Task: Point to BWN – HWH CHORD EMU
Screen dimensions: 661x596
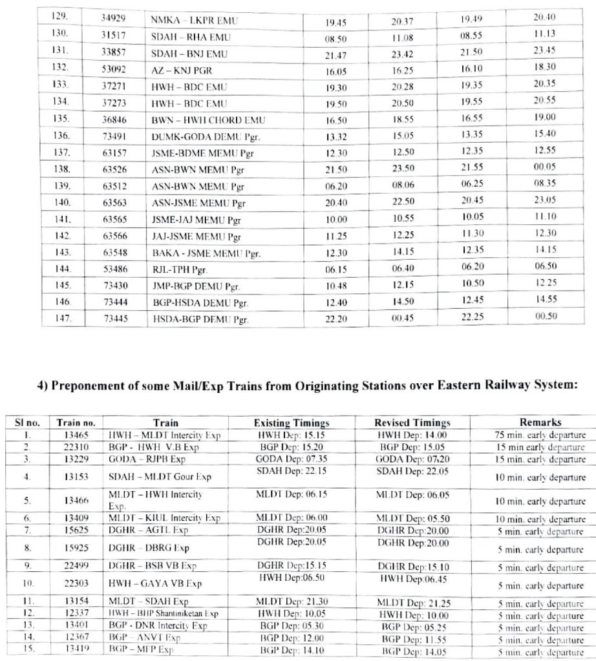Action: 208,120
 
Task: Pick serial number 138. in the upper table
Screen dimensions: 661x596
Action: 61,169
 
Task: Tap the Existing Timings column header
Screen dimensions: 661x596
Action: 292,423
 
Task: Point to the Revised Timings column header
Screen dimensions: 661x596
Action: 412,423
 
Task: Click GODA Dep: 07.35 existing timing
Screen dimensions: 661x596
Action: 291,456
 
